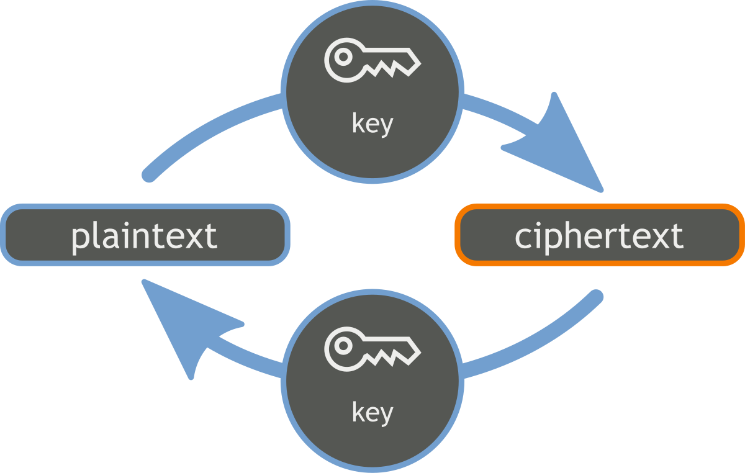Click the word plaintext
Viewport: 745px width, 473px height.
(x=144, y=236)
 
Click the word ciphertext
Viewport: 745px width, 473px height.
(x=599, y=236)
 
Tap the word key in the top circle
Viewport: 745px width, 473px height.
(x=372, y=124)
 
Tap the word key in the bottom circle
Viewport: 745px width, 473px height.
(x=372, y=412)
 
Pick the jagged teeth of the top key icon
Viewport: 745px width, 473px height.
(x=385, y=70)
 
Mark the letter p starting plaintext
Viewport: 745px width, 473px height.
(x=79, y=238)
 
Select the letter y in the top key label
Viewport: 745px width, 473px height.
(x=386, y=126)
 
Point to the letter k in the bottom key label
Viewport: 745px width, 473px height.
(x=358, y=412)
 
